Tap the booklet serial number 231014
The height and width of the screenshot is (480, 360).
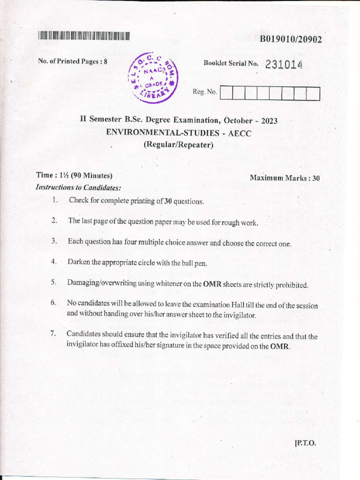[x=284, y=65]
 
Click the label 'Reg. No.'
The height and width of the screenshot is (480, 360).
[x=205, y=92]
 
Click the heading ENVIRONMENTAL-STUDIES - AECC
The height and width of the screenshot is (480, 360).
[x=179, y=133]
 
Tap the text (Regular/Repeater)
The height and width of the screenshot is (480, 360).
[x=178, y=145]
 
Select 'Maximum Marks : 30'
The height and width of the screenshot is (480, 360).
[x=285, y=178]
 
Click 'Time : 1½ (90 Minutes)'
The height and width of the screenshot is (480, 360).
[x=75, y=175]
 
